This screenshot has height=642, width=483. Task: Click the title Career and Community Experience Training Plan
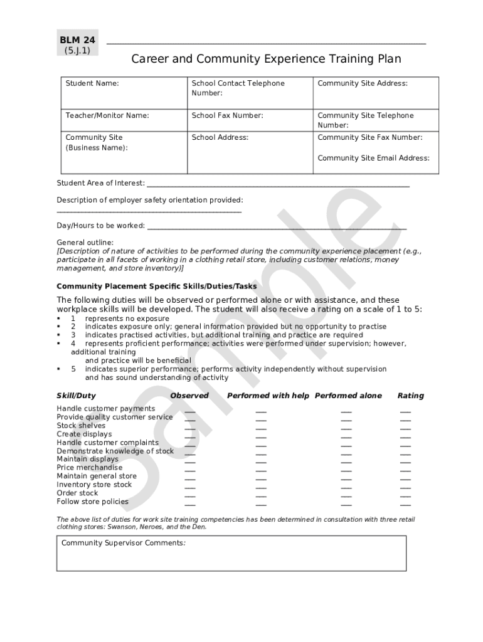click(x=266, y=59)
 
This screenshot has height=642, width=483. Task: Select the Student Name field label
click(x=92, y=83)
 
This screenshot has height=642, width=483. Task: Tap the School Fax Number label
click(x=227, y=115)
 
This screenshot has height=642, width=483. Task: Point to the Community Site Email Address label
click(x=373, y=158)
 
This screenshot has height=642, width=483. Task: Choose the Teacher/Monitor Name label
click(x=107, y=115)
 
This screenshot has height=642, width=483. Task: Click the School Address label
click(x=220, y=137)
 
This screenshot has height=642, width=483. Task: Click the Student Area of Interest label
click(x=100, y=183)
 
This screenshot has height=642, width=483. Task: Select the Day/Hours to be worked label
click(x=100, y=225)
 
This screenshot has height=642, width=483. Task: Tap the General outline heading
click(x=85, y=242)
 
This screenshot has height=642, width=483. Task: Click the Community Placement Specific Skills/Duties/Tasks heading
click(x=156, y=286)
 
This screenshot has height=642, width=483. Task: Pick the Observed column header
click(x=189, y=396)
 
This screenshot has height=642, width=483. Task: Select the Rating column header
click(x=410, y=396)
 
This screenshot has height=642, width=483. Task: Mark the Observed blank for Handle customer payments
click(x=189, y=411)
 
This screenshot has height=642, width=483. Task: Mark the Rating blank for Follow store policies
click(x=405, y=503)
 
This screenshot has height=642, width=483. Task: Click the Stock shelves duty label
click(x=81, y=426)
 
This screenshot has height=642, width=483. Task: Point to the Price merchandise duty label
click(x=90, y=468)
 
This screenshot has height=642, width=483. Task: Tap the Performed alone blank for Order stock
click(x=346, y=495)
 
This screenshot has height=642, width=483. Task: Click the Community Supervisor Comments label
click(x=123, y=543)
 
